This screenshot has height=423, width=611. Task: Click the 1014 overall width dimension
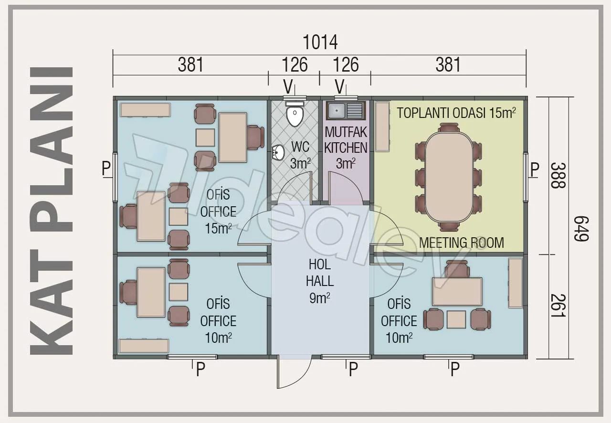[x=320, y=42]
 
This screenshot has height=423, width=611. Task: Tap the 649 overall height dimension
[x=582, y=229]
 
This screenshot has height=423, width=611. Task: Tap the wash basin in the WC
[x=278, y=152]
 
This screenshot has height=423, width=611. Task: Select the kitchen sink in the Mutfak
[x=346, y=111]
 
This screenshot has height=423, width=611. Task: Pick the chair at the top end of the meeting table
[x=449, y=128]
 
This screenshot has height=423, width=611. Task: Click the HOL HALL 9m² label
[x=320, y=281]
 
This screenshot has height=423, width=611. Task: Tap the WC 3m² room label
[x=300, y=155]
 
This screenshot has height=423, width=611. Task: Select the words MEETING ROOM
[x=462, y=243]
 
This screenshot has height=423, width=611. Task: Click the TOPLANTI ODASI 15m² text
[x=456, y=113]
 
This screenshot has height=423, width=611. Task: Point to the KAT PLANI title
[x=52, y=211]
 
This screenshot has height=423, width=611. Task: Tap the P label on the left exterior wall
[x=106, y=168]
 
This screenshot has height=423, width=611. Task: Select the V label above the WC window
[x=288, y=87]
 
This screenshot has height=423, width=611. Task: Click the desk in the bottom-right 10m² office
[x=457, y=291]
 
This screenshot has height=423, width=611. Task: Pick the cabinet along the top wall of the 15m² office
[x=146, y=110]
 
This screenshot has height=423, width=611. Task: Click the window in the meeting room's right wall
[x=526, y=178]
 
